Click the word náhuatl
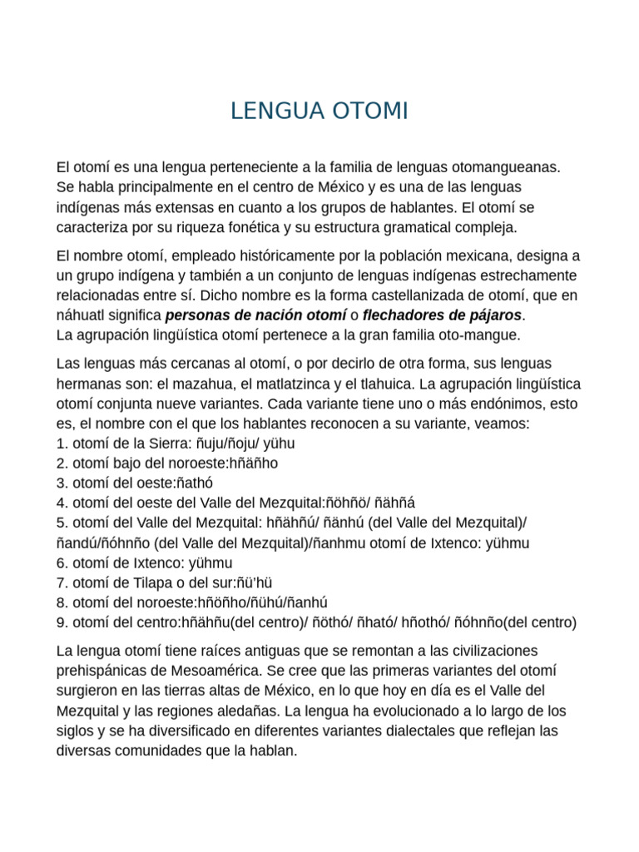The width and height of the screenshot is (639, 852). [x=82, y=315]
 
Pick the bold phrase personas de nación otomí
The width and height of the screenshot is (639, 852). [x=256, y=315]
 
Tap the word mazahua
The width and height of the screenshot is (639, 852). [x=203, y=384]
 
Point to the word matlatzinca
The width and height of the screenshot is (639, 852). [x=293, y=384]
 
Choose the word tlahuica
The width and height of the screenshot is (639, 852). [x=386, y=384]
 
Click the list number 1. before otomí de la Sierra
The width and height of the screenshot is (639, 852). [x=62, y=443]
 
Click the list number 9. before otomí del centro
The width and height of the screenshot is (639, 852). [x=62, y=622]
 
